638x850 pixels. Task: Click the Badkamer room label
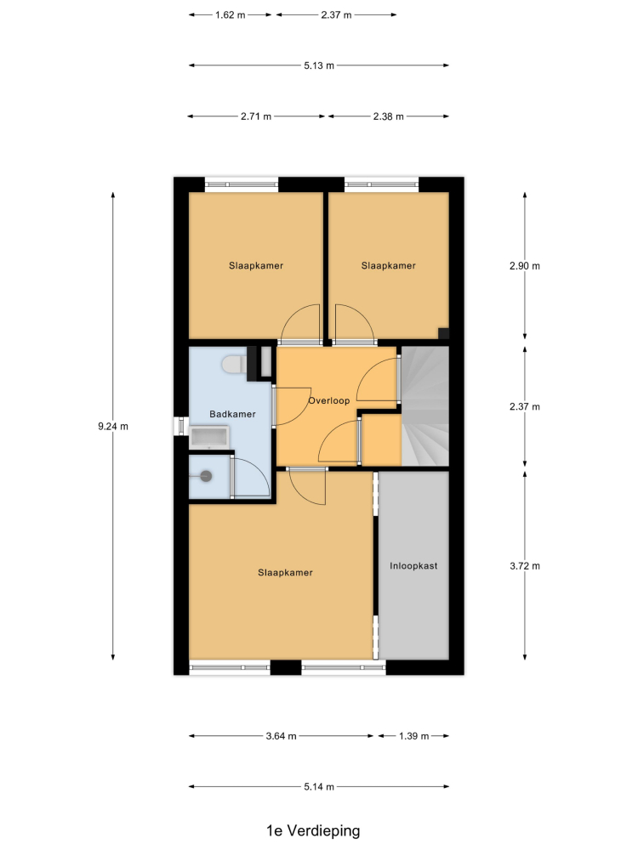(232, 414)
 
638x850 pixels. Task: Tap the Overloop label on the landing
(328, 400)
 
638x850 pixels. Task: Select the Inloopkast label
(413, 566)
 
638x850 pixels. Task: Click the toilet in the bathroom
(233, 364)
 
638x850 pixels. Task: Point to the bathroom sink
(209, 437)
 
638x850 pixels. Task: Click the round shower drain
(206, 477)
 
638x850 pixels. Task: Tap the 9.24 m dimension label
(113, 427)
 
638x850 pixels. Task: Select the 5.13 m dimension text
(319, 65)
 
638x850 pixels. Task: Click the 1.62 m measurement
(230, 15)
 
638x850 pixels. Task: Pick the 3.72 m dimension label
(525, 566)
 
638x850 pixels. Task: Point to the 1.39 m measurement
(414, 736)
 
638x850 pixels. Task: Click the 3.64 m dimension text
(281, 736)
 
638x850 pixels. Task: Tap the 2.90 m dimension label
(525, 266)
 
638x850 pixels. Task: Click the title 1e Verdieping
(313, 830)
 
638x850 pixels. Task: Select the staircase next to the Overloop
(425, 406)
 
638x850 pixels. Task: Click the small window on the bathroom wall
(181, 426)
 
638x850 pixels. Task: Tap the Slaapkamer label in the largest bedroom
(285, 572)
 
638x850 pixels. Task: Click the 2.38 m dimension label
(389, 116)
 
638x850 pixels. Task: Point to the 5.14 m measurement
(319, 786)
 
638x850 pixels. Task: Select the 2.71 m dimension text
(256, 116)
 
